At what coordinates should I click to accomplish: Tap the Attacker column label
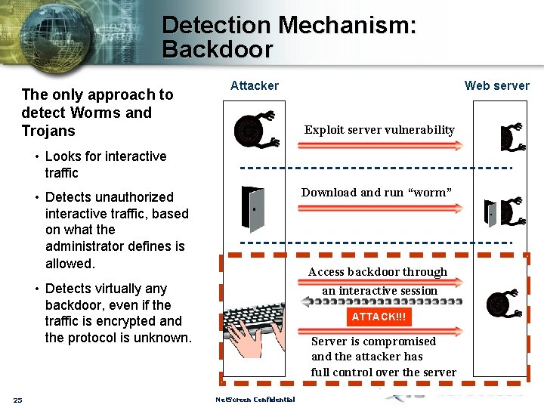tap(254, 86)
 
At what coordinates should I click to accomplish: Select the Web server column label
tap(496, 86)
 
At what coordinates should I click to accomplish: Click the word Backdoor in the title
tap(217, 50)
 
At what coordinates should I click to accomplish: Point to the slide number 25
tap(17, 400)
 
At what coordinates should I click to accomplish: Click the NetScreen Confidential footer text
tap(255, 400)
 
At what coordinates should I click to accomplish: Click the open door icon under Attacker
tap(252, 208)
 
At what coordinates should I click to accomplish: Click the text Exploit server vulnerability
tap(379, 130)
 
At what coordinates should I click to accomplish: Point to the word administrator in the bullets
tap(88, 246)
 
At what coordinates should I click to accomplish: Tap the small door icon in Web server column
tap(491, 214)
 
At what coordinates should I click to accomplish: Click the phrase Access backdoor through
tap(378, 272)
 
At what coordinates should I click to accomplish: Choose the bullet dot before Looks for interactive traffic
tap(36, 156)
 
